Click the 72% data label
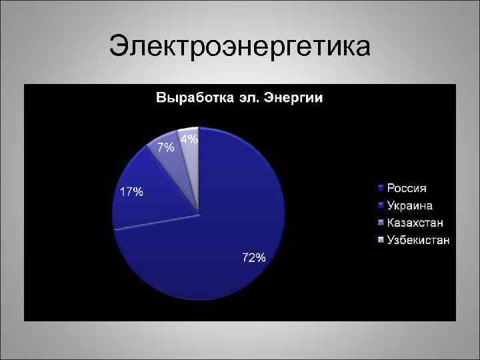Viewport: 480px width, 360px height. pyautogui.click(x=253, y=258)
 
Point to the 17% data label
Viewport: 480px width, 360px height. pyautogui.click(x=131, y=192)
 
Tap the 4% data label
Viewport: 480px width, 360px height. pyautogui.click(x=189, y=139)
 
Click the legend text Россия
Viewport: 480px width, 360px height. pyautogui.click(x=407, y=188)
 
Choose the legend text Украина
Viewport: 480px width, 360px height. pyautogui.click(x=410, y=205)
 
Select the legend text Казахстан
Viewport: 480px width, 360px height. pyautogui.click(x=416, y=223)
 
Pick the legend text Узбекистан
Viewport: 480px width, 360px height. pyautogui.click(x=419, y=240)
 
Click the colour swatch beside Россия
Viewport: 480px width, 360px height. pyautogui.click(x=381, y=188)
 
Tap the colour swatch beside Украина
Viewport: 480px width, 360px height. pyautogui.click(x=381, y=205)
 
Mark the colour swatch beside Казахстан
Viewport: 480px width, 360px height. pyautogui.click(x=381, y=223)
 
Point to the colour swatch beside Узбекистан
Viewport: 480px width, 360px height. pyautogui.click(x=381, y=240)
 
